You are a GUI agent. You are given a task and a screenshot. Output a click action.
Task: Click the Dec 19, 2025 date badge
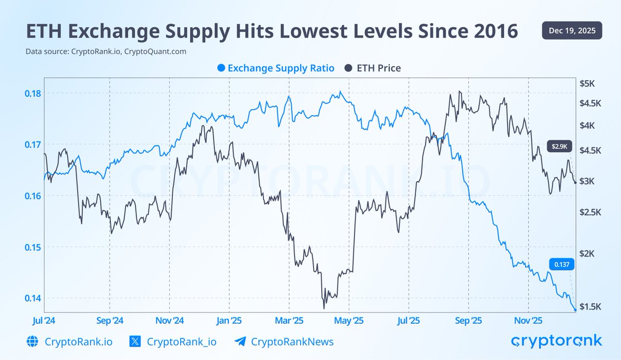pyautogui.click(x=572, y=31)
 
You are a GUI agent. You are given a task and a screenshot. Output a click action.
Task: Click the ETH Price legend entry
pyautogui.click(x=373, y=68)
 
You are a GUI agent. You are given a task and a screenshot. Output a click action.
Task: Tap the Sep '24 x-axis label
pyautogui.click(x=109, y=321)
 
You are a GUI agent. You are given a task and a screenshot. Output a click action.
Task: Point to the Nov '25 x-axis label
pyautogui.click(x=528, y=321)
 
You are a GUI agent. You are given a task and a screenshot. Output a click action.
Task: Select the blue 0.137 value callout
pyautogui.click(x=561, y=264)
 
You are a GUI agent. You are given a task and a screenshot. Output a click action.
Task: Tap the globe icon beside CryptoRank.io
pyautogui.click(x=33, y=341)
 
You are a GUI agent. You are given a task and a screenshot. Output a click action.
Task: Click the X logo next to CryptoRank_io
pyautogui.click(x=135, y=341)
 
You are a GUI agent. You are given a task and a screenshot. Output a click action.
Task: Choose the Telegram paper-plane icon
pyautogui.click(x=240, y=341)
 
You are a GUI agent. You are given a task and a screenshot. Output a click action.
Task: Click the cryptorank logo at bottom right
pyautogui.click(x=556, y=341)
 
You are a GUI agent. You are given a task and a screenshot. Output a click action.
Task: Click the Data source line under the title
pyautogui.click(x=106, y=52)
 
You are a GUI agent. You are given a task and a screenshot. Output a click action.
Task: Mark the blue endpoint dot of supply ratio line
pyautogui.click(x=575, y=310)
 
